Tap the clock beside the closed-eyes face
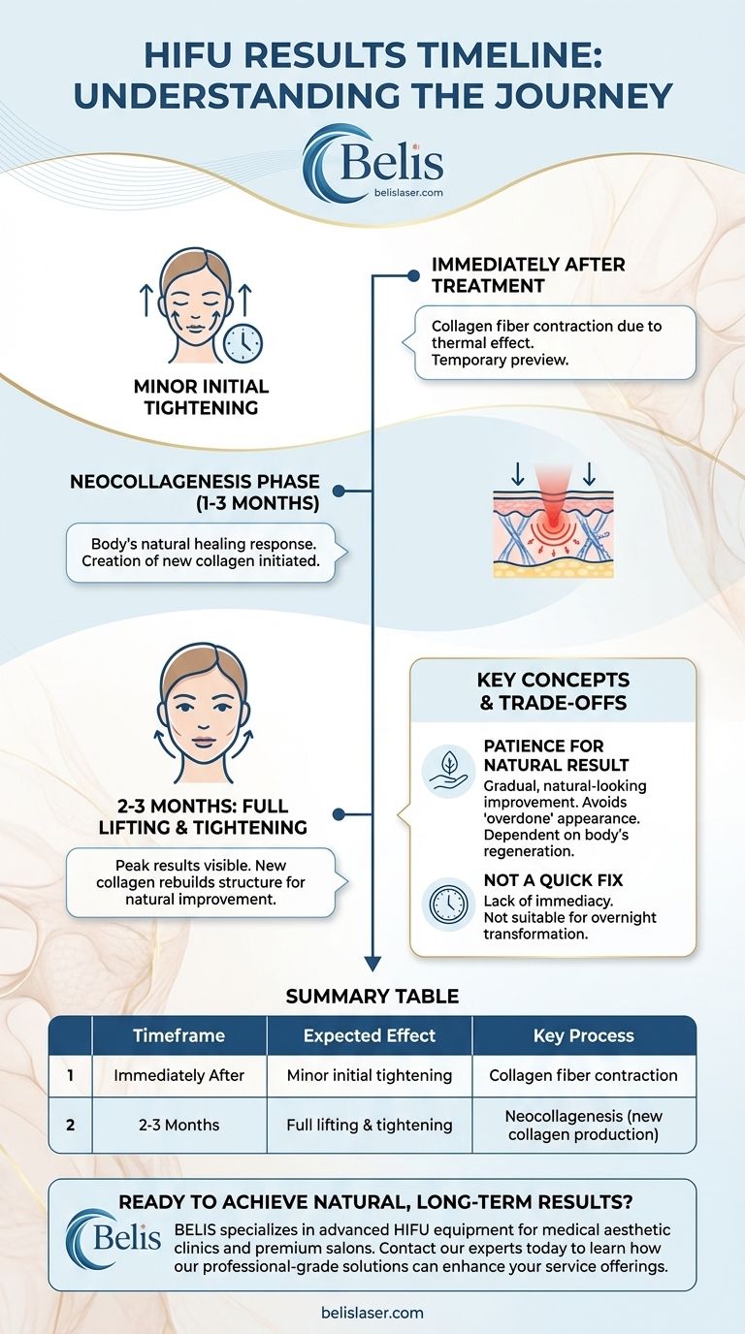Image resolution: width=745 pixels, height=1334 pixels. coord(242,342)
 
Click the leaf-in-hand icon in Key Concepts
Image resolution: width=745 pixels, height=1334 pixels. coord(448,772)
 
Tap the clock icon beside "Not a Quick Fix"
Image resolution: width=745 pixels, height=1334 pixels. coord(448,904)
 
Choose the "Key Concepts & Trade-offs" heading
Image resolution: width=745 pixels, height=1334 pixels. coord(554,691)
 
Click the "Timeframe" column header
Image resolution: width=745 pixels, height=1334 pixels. coord(178,1035)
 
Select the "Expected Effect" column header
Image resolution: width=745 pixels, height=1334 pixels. coord(369,1035)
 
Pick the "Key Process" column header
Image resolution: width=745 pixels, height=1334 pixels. coord(583,1035)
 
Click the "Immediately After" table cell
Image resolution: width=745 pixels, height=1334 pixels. coord(178,1075)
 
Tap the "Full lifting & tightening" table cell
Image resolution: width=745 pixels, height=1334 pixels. coord(369,1126)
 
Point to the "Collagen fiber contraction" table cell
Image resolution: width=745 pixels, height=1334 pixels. coord(583,1075)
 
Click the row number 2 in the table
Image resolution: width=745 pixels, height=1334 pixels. coord(70,1126)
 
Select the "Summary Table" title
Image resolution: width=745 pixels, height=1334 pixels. coord(372,996)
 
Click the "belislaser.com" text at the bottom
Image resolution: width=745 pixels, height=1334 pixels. coord(372,1313)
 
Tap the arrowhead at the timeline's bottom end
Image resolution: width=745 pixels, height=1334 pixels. coord(372,963)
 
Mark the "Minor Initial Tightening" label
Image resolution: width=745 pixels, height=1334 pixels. coord(202,397)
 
